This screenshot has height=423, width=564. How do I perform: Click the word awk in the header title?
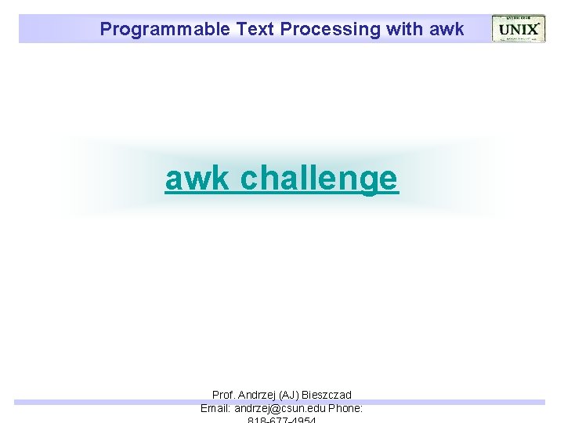coord(447,30)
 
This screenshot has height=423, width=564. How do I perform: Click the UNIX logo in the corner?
coord(518,29)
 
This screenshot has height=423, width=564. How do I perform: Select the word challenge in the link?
coord(320,179)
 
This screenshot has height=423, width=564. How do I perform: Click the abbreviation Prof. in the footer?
coord(224,396)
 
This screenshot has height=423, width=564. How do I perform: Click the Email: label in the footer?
coord(216,408)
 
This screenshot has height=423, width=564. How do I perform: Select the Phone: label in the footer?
coord(345,408)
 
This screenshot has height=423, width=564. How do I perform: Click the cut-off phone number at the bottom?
coord(281,420)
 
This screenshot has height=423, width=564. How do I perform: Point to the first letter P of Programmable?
coord(106,30)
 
